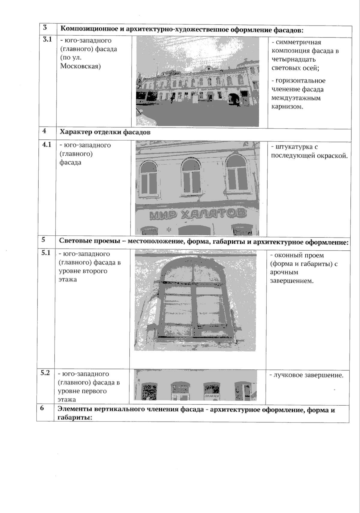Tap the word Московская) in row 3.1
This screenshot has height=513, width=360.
coord(80,66)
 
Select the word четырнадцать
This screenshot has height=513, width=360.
coord(293,59)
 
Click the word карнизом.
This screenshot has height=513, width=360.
coord(287,106)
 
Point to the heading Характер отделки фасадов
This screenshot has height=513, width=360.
coord(105,132)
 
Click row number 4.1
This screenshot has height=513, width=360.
coord(47,145)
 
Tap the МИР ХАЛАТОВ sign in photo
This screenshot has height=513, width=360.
coord(198,214)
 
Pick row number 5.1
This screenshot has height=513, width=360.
coord(46,253)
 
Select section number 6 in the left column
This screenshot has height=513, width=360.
coord(42,408)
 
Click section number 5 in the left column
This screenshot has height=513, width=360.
coord(43,240)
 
